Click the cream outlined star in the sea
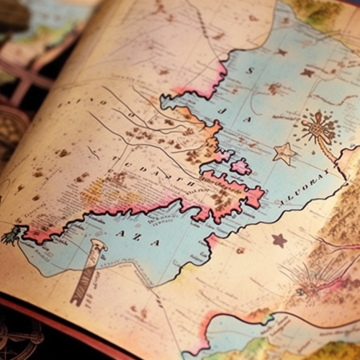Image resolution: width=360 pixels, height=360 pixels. (x=284, y=153)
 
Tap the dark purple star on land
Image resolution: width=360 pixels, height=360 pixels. (x=279, y=240)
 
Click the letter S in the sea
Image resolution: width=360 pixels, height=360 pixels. (x=251, y=71)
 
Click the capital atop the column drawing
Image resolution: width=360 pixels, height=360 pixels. (x=96, y=247)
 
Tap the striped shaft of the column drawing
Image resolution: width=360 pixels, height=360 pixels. (x=84, y=277)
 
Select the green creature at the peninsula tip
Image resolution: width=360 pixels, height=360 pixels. (x=12, y=234)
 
